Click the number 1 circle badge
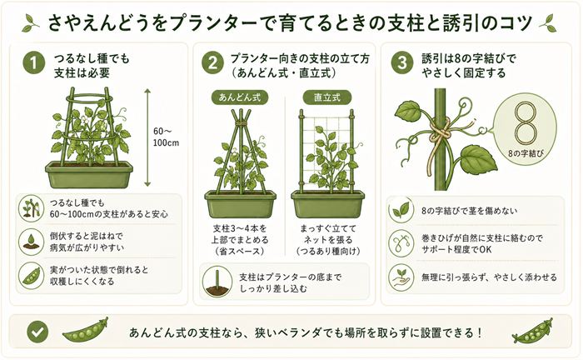[32, 64]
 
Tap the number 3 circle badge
[403, 64]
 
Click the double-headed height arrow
[147, 137]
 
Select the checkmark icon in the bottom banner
[36, 332]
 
